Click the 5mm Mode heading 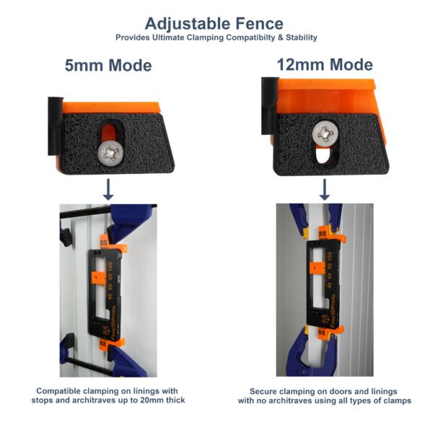click(108, 66)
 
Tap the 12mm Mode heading click(325, 65)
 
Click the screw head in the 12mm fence click(327, 134)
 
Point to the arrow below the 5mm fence click(108, 189)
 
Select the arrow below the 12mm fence click(325, 189)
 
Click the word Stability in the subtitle click(300, 38)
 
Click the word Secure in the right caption click(266, 390)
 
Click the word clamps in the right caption click(395, 400)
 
